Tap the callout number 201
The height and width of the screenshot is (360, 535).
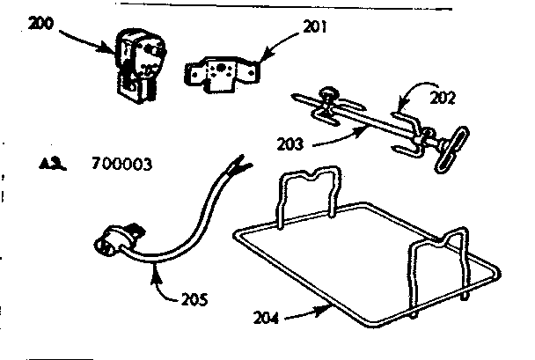pos(313,27)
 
